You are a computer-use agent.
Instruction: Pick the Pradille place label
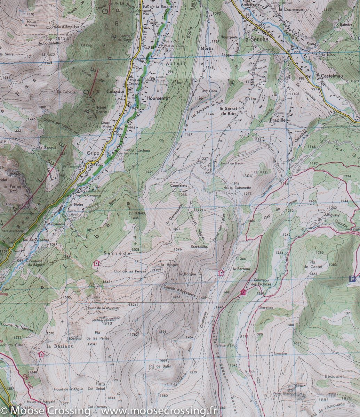[277, 120]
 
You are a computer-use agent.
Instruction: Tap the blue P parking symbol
[353, 278]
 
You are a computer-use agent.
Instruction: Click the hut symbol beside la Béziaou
[41, 354]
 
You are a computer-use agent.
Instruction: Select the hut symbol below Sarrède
[96, 263]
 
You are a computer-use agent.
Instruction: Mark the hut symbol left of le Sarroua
[221, 272]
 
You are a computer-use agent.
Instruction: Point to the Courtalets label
[179, 186]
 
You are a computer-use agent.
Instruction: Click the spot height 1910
[107, 324]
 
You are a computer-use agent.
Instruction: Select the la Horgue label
[187, 274]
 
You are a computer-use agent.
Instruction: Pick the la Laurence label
[290, 10]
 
